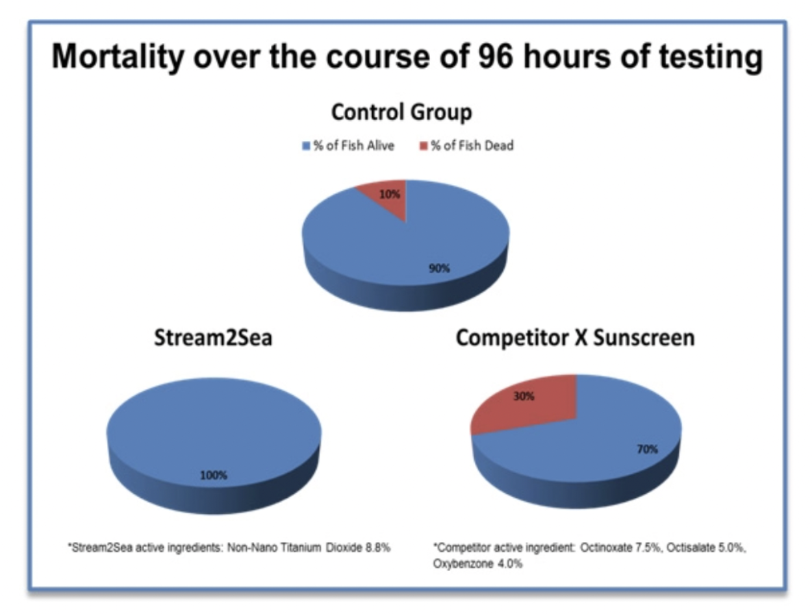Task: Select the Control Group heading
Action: point(401,112)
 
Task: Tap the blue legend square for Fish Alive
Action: point(306,145)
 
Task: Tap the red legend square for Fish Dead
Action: point(424,145)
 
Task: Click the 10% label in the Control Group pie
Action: point(390,194)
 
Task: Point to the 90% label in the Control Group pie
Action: point(439,268)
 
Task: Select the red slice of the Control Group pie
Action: point(387,198)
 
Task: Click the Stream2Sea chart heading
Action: point(213,338)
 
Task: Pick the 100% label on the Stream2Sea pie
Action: point(214,475)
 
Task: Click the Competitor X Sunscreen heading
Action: point(576,338)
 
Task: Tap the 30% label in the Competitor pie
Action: point(524,397)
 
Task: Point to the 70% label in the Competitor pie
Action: point(647,449)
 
